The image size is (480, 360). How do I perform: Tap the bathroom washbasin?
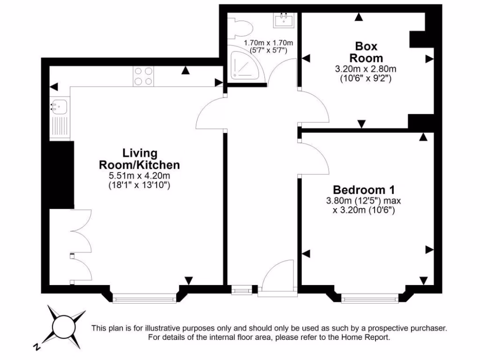pyautogui.click(x=284, y=20)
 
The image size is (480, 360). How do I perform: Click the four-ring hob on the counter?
pyautogui.click(x=143, y=76)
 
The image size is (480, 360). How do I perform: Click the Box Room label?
pyautogui.click(x=367, y=52)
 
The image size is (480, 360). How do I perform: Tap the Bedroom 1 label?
pyautogui.click(x=363, y=190)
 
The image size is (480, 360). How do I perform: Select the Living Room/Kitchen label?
pyautogui.click(x=139, y=159)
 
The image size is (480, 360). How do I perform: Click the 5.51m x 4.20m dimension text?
pyautogui.click(x=139, y=176)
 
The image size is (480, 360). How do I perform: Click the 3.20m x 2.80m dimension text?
pyautogui.click(x=366, y=69)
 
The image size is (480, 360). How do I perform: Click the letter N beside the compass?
pyautogui.click(x=37, y=347)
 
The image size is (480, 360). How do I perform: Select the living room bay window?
pyautogui.click(x=144, y=296)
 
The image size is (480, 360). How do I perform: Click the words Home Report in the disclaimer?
pyautogui.click(x=366, y=337)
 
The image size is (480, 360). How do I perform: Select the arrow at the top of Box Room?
pyautogui.click(x=359, y=17)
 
